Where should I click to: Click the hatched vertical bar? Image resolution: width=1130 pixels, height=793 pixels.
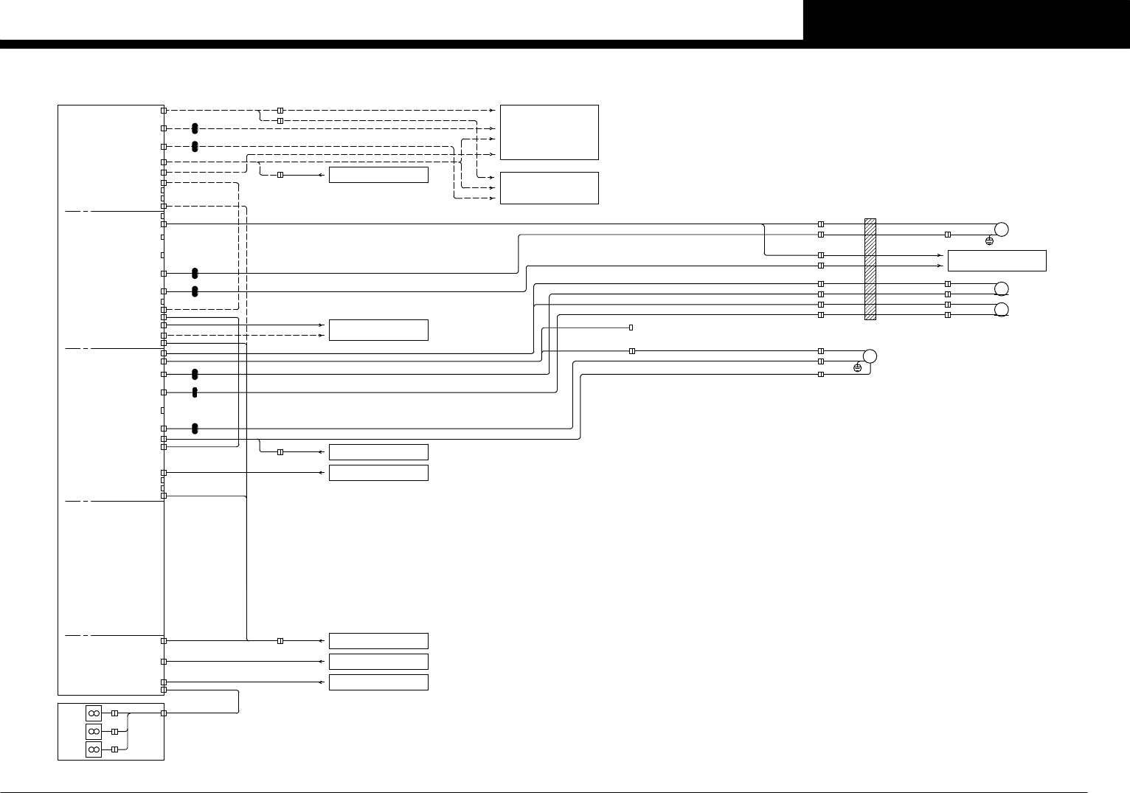click(x=870, y=269)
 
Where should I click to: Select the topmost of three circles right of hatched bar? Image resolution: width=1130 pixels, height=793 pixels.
click(x=1001, y=229)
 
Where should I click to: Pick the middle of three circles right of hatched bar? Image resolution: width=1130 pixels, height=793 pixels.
click(x=1001, y=288)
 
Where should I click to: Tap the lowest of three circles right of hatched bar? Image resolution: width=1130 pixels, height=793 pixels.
click(x=1001, y=309)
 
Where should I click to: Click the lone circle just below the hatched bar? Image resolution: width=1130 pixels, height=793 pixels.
click(x=870, y=356)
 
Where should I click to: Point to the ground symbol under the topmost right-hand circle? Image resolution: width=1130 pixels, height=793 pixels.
click(x=989, y=241)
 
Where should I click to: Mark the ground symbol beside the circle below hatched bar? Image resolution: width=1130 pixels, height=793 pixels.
click(x=857, y=367)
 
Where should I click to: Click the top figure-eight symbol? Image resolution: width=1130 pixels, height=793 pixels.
click(x=94, y=713)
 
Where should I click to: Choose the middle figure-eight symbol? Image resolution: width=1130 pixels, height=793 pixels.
click(x=94, y=731)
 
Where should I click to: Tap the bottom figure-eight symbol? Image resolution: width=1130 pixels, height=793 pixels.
click(x=94, y=749)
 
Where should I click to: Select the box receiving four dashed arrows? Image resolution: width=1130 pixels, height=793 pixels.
click(x=549, y=132)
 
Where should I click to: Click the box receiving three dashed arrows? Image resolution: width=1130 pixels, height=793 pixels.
click(x=549, y=188)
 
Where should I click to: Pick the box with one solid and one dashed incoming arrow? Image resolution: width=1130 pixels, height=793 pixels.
click(x=378, y=330)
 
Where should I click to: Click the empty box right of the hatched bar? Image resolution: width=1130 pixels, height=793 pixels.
click(x=996, y=260)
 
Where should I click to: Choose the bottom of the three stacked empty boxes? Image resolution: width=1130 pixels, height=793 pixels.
click(x=378, y=682)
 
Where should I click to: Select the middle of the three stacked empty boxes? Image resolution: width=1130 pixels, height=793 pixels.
click(x=378, y=661)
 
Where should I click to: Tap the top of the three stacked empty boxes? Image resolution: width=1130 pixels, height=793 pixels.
click(x=378, y=640)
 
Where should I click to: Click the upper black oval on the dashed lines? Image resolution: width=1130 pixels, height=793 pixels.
click(x=195, y=128)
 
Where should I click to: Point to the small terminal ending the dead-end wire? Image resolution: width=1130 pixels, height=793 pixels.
click(x=631, y=327)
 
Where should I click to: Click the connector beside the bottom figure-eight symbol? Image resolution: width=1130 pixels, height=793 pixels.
click(x=114, y=749)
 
